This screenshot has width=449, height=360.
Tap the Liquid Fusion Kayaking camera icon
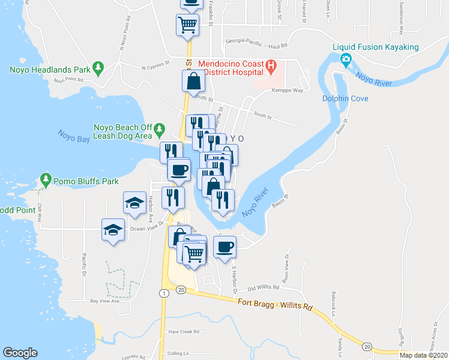click(346, 59)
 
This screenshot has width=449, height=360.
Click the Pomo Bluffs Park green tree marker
click(46, 178)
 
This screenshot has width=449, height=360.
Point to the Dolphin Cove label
click(345, 98)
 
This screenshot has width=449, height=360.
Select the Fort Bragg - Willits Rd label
click(276, 304)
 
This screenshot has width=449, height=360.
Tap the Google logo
click(20, 353)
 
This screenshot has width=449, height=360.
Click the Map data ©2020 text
click(423, 355)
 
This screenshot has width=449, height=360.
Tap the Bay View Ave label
click(104, 301)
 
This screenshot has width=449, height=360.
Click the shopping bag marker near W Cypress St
click(194, 82)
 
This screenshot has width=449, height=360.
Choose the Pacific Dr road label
click(83, 264)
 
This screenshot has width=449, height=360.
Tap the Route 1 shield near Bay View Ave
click(163, 292)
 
